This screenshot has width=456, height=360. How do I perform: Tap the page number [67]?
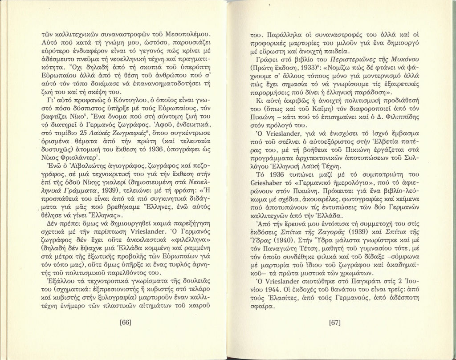(x=334, y=322)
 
